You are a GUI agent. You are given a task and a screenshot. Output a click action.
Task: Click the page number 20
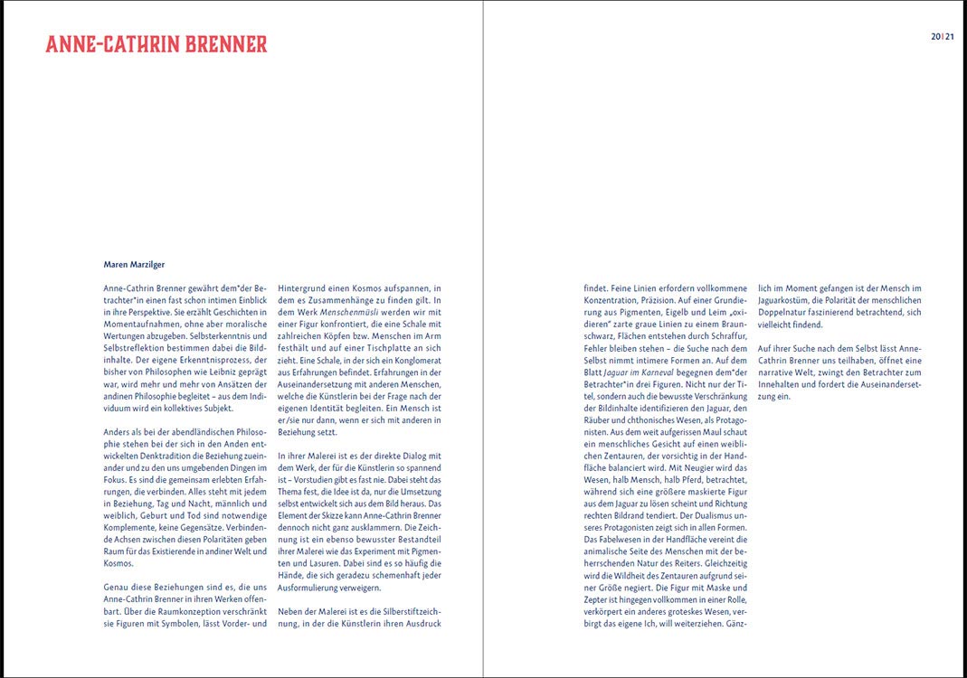click(935, 37)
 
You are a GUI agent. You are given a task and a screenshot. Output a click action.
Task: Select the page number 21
click(950, 37)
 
